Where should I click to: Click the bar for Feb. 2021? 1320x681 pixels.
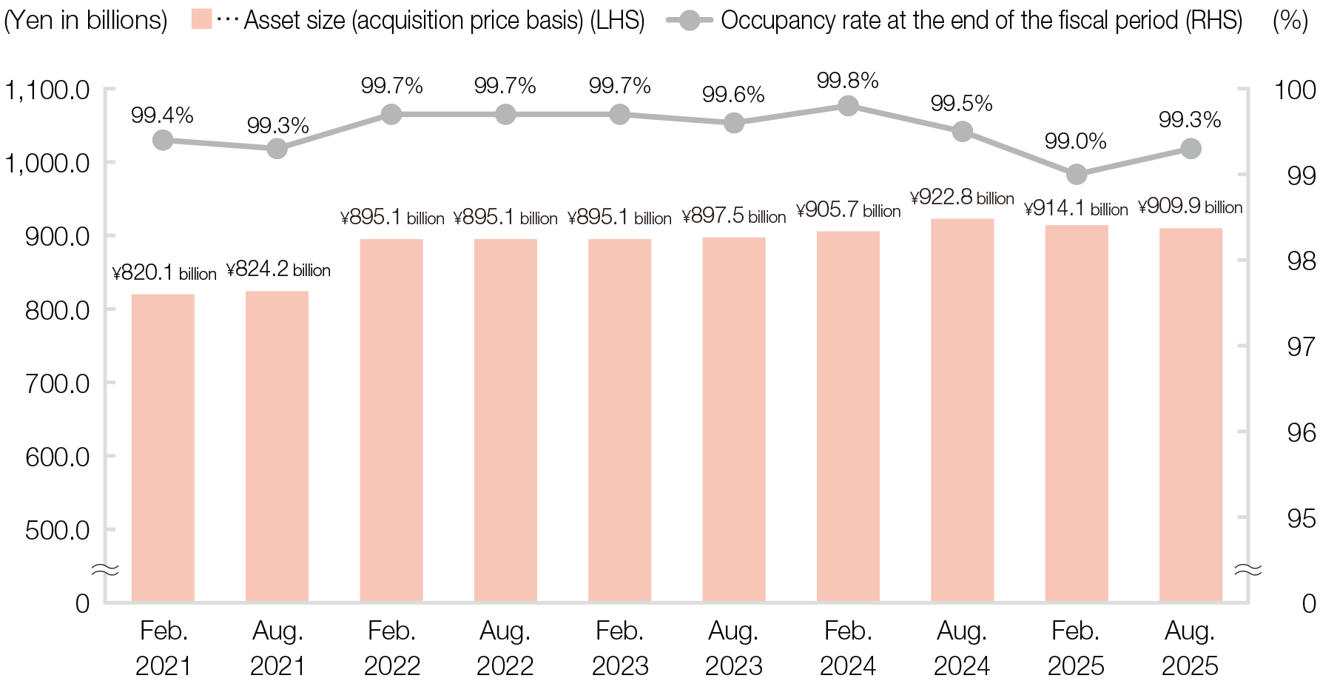coord(163,448)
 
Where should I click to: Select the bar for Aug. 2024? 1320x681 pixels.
coord(962,410)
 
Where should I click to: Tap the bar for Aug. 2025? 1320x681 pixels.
coord(1191,415)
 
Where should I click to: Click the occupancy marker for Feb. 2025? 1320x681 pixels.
coord(1077,175)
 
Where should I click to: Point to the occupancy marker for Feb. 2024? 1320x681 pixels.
coord(849,106)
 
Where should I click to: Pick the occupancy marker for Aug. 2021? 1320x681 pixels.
coord(277,149)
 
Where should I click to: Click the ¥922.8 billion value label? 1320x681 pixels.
coord(962,198)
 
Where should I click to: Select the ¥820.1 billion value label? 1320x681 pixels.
coord(164,273)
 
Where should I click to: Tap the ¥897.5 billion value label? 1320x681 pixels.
coord(734,216)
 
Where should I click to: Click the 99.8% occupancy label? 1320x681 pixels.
coord(848,81)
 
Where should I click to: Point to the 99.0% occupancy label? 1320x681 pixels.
coord(1076,141)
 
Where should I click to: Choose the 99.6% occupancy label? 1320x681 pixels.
coord(733,95)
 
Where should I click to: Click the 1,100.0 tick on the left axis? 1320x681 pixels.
coord(48,90)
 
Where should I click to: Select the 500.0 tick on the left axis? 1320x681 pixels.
coord(58,530)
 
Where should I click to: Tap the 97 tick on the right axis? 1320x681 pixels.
coord(1302,346)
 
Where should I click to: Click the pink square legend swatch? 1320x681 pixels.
coord(201,19)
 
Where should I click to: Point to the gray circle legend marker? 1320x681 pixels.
coord(690,20)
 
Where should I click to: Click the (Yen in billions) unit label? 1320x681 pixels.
coord(86,21)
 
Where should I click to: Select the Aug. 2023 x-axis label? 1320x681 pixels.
coord(734,648)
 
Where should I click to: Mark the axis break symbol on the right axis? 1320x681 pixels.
coord(1249,569)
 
